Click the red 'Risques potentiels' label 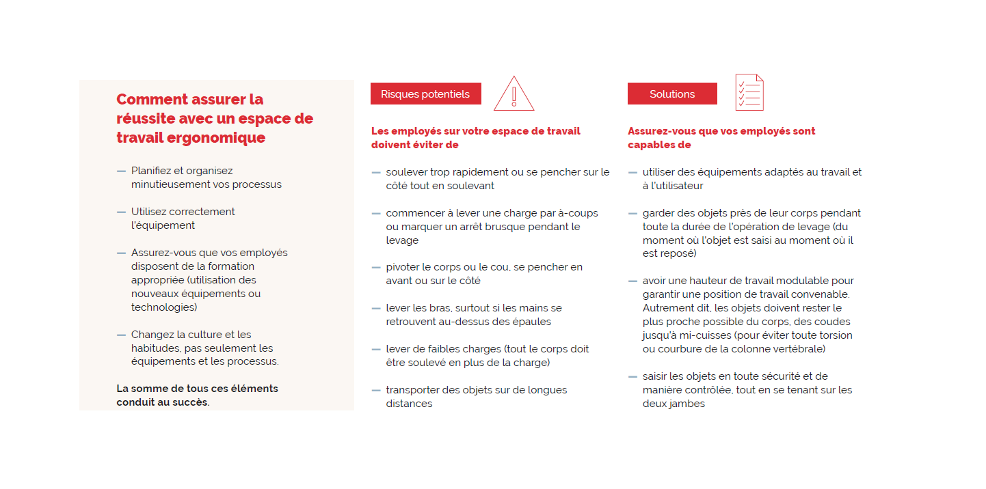click(425, 94)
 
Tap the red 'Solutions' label click(672, 94)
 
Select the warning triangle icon click(514, 94)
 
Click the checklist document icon click(749, 93)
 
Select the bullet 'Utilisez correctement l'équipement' click(183, 219)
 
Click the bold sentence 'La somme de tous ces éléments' click(197, 389)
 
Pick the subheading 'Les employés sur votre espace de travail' click(475, 131)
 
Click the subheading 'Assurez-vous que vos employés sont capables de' click(721, 138)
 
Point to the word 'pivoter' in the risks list click(403, 267)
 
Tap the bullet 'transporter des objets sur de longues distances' click(476, 397)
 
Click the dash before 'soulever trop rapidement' click(376, 172)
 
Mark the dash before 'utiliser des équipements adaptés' click(632, 172)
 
